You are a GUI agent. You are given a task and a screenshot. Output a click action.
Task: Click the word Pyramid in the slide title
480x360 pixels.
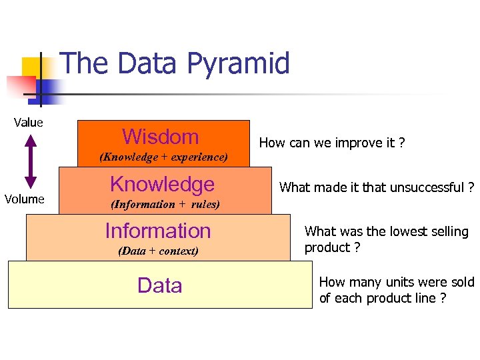[238, 64]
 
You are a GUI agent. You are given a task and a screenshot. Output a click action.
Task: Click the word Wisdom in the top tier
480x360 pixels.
[161, 137]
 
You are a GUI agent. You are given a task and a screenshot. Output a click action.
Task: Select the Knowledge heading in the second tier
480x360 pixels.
[162, 184]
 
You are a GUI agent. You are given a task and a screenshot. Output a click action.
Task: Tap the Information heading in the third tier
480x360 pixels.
[158, 231]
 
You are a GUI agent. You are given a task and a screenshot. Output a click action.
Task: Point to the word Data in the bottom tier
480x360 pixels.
[159, 285]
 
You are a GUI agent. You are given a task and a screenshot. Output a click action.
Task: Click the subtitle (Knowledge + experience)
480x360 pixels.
[163, 157]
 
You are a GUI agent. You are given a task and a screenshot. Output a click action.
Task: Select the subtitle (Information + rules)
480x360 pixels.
[165, 205]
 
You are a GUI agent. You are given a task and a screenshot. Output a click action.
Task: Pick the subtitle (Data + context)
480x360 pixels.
[158, 251]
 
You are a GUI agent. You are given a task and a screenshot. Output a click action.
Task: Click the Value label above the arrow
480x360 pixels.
[29, 122]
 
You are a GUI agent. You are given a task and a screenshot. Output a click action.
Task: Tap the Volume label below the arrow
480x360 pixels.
[25, 199]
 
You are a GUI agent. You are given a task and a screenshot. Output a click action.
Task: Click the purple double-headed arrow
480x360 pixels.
[29, 160]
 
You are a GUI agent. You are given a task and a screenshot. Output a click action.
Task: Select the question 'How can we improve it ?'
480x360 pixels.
[331, 143]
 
